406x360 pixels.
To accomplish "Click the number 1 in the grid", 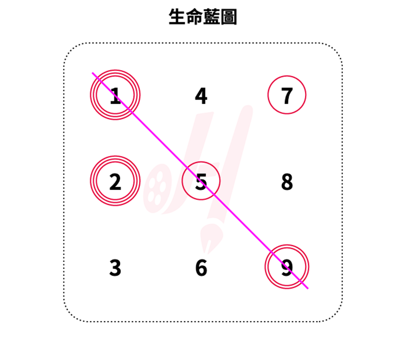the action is (115, 95).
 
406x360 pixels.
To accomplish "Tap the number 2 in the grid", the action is (115, 181).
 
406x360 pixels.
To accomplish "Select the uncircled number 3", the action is (115, 267).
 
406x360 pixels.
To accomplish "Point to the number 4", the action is (201, 95).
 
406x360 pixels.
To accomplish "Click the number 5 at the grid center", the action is (201, 181).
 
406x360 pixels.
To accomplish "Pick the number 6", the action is (201, 267).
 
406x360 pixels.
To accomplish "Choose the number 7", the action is (287, 95).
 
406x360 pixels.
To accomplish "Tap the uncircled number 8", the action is (287, 181).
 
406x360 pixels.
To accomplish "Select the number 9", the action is (287, 267).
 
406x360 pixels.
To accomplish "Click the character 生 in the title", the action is (177, 16).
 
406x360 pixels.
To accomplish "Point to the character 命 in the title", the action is (194, 16).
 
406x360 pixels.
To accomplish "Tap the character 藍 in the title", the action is (211, 16).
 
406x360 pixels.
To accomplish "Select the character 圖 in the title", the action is (228, 16).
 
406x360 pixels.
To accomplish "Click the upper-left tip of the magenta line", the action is (92, 73).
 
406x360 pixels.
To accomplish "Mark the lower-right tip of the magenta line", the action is (308, 288).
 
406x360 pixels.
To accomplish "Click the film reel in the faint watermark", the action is (156, 188).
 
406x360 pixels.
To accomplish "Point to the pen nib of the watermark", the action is (210, 238).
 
